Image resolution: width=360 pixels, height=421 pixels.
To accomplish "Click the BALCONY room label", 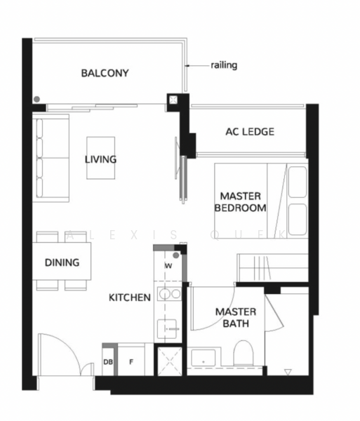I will [x=105, y=73].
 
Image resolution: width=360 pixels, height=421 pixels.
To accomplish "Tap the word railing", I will [x=224, y=65].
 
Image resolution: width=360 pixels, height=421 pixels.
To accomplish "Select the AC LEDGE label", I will [x=249, y=131].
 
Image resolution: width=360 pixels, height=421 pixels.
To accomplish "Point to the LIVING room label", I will [x=100, y=159].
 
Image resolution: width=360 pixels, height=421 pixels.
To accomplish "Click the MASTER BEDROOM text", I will [x=241, y=201].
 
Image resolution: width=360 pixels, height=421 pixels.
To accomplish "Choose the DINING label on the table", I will [x=62, y=262].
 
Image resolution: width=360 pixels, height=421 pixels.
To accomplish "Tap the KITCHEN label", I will [x=129, y=298].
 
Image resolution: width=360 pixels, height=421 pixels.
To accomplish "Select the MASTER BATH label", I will [x=235, y=317].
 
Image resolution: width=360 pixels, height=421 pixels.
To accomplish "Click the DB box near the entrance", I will [x=108, y=362].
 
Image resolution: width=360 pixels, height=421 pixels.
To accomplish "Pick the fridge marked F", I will [x=130, y=362].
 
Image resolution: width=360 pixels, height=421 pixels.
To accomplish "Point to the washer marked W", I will [x=168, y=267].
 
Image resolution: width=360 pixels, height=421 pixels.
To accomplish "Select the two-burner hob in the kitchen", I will [x=169, y=294].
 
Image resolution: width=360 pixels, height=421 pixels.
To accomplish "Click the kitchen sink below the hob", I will [x=169, y=326].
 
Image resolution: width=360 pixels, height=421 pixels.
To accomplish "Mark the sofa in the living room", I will [x=51, y=159].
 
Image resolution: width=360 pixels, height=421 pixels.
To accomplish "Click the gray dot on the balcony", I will [x=36, y=99].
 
